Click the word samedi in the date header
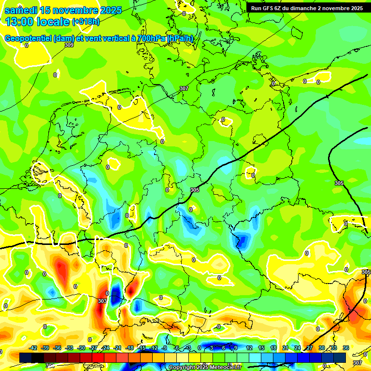(x=21, y=10)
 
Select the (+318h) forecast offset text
(x=86, y=22)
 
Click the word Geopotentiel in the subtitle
(x=28, y=39)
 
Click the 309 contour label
(x=69, y=45)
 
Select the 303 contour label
(x=102, y=301)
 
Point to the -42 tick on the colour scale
(x=33, y=348)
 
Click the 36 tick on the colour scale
(x=346, y=348)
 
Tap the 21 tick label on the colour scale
(x=285, y=348)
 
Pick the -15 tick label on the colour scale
(x=142, y=348)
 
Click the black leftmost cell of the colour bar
(x=26, y=357)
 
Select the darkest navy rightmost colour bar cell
(x=340, y=357)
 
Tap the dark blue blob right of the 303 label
(x=115, y=293)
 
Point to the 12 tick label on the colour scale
(x=249, y=348)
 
